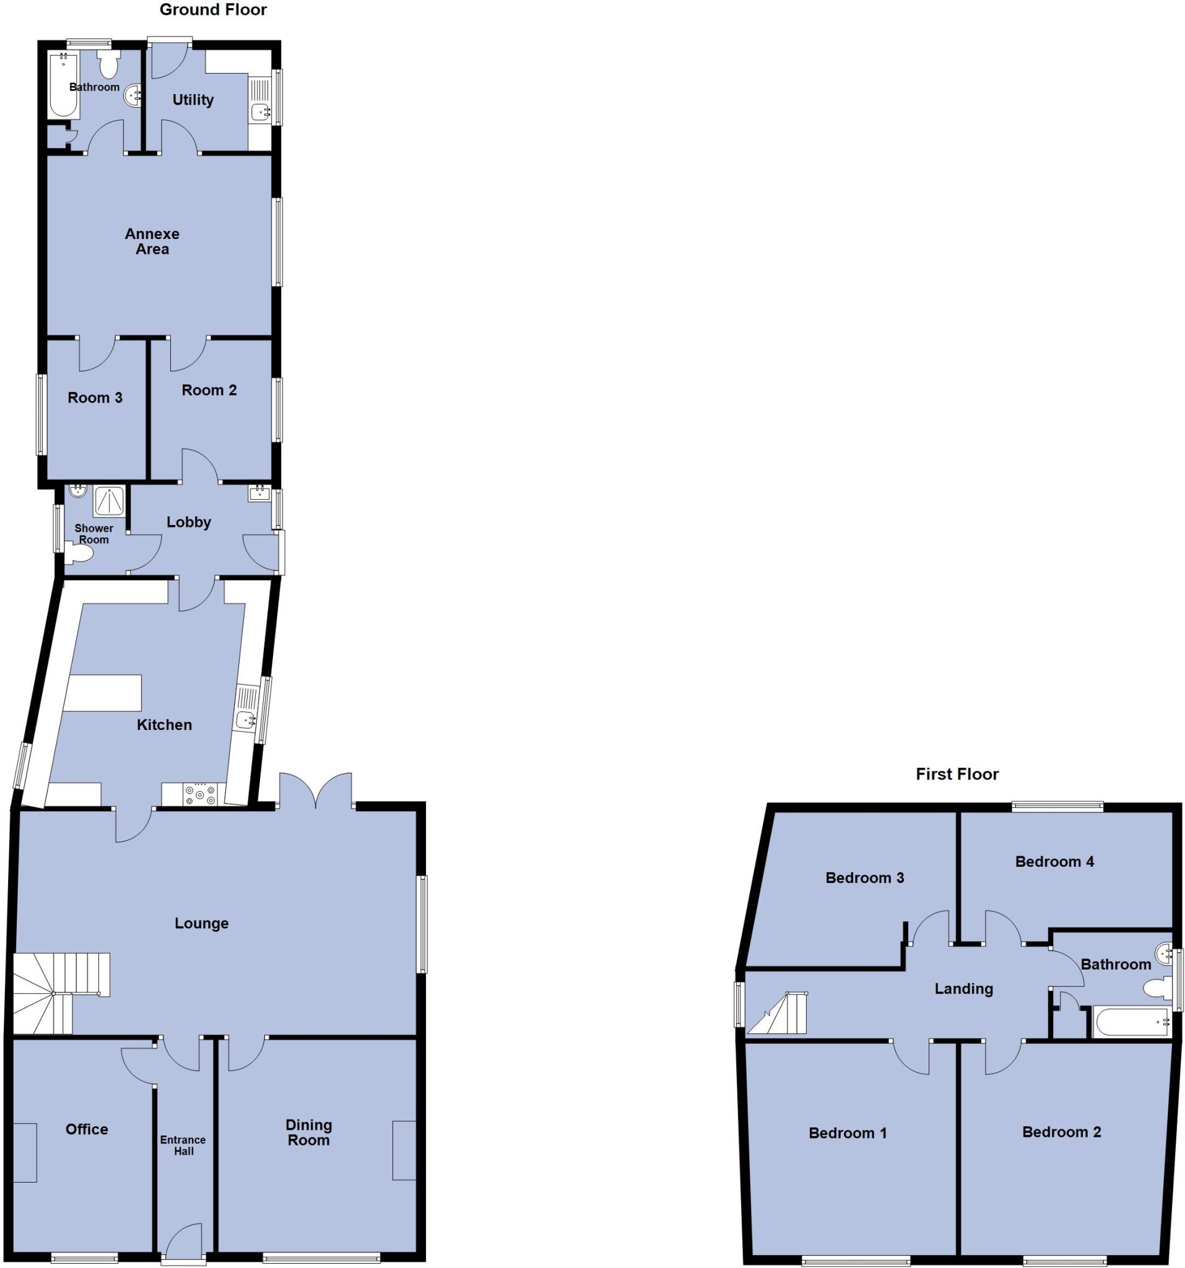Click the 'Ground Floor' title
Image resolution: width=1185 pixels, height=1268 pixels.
(213, 9)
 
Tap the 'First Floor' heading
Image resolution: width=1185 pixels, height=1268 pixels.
(957, 774)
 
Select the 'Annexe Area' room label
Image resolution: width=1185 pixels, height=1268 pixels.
(152, 241)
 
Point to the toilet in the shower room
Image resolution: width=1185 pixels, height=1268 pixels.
(79, 555)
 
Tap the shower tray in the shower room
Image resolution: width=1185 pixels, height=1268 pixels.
(109, 501)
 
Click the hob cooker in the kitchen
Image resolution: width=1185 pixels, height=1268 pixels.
(200, 795)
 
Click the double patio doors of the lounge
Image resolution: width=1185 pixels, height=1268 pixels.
(316, 791)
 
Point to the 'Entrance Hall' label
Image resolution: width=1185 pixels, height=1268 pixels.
(183, 1145)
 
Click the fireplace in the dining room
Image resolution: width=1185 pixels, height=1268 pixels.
(404, 1150)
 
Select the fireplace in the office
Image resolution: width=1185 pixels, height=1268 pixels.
(25, 1153)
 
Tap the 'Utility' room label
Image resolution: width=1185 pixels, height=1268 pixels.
(193, 100)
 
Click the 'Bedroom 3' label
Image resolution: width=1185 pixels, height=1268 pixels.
(864, 878)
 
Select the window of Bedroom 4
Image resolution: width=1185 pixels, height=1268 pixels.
(1057, 806)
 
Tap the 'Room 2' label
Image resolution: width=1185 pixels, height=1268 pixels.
(209, 389)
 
